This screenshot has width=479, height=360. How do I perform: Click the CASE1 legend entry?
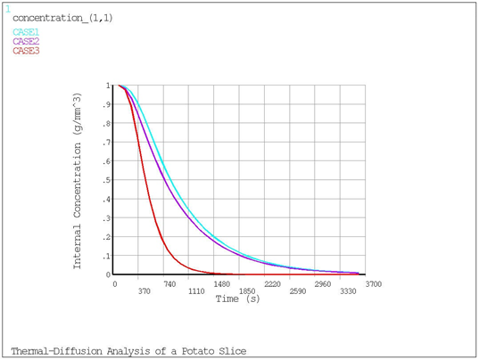pyautogui.click(x=26, y=32)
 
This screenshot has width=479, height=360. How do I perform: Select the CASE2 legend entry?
pyautogui.click(x=26, y=41)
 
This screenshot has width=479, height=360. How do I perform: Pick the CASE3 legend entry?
pyautogui.click(x=26, y=51)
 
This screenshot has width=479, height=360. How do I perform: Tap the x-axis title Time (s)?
pyautogui.click(x=238, y=299)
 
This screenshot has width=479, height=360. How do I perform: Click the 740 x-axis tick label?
pyautogui.click(x=170, y=283)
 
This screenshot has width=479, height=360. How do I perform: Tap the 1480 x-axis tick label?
pyautogui.click(x=221, y=283)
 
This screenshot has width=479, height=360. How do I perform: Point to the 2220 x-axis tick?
pyautogui.click(x=272, y=283)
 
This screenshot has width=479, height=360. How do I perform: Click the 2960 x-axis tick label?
pyautogui.click(x=323, y=283)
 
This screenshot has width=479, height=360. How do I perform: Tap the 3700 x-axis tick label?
pyautogui.click(x=374, y=283)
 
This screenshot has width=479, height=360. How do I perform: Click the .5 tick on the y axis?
pyautogui.click(x=107, y=180)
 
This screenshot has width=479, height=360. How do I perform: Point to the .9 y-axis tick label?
pyautogui.click(x=107, y=104)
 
